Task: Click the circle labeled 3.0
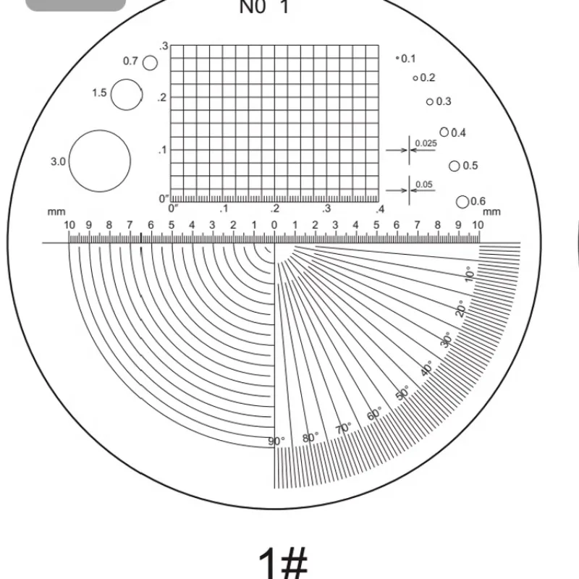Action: coord(100,161)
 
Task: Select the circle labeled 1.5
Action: coord(127,94)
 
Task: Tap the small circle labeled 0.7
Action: coord(150,63)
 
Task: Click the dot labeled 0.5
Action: coord(455,166)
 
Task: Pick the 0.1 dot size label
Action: coord(409,59)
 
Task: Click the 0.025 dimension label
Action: coord(426,143)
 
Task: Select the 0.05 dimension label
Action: coord(424,185)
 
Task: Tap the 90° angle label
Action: coord(277,441)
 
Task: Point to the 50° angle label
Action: coord(402,393)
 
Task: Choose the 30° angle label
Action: coord(447,339)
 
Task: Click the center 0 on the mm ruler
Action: coord(274,225)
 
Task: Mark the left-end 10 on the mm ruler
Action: coord(69,225)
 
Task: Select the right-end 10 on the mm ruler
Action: coord(478,225)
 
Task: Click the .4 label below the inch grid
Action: coord(379,209)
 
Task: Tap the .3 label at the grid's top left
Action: coord(164,46)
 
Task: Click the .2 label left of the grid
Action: coord(163,98)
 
